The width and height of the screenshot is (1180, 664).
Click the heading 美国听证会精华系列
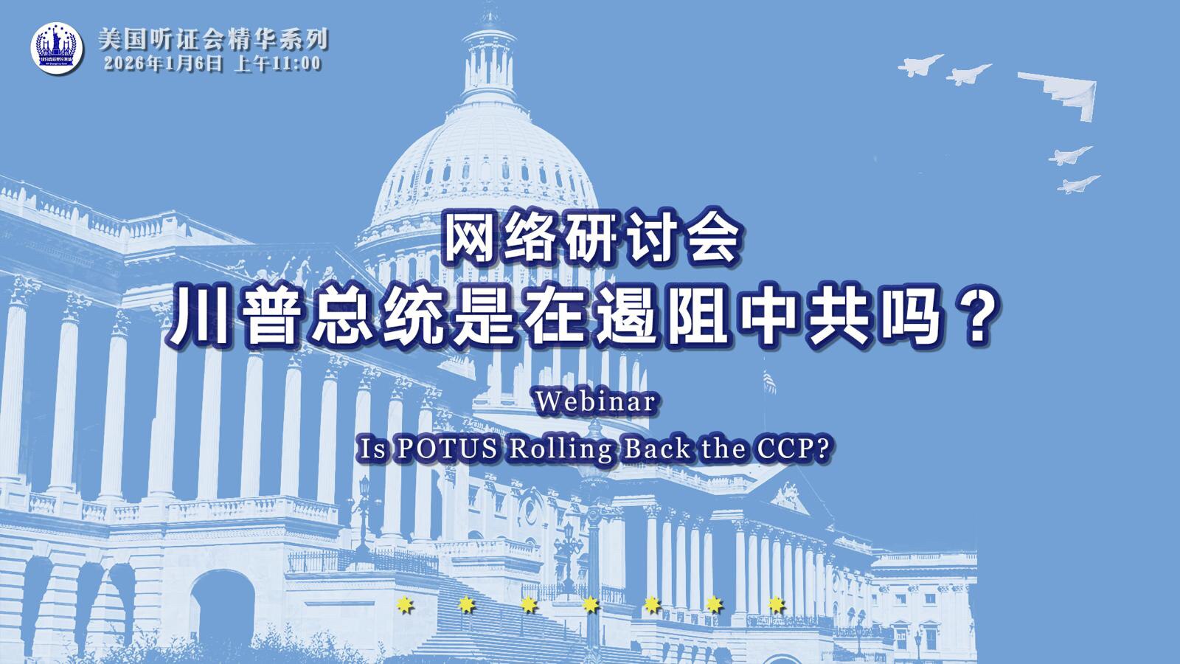tap(213, 39)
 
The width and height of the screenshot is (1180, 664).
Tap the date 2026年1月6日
tap(163, 63)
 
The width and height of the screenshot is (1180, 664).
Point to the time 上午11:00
tap(277, 63)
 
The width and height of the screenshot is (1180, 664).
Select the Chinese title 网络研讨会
tap(590, 238)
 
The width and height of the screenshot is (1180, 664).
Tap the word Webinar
tap(596, 403)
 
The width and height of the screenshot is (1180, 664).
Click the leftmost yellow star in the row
tap(404, 606)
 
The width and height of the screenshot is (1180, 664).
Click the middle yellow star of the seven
tap(590, 606)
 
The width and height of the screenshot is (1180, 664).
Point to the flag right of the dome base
tap(769, 380)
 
